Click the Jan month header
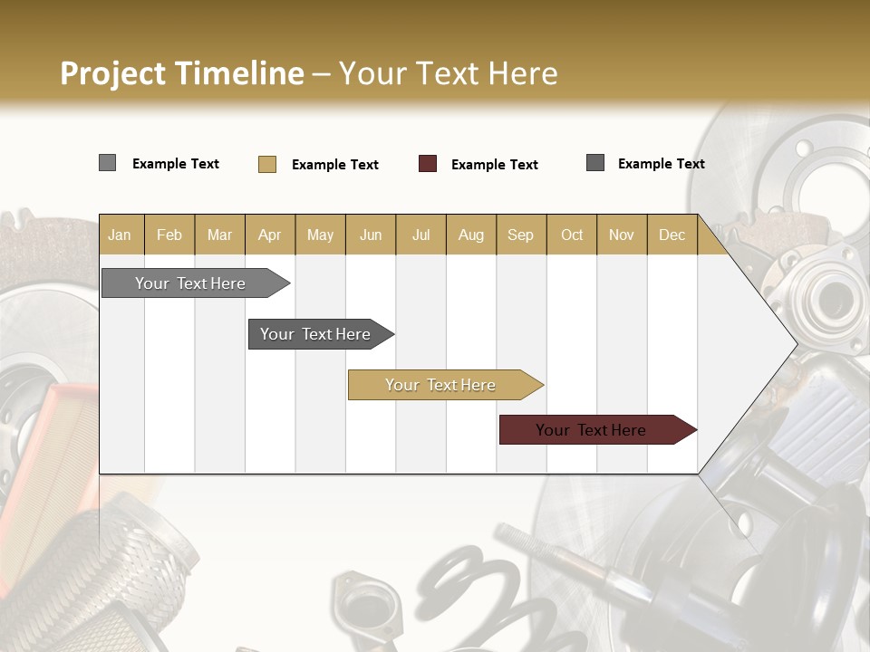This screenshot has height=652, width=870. (x=121, y=235)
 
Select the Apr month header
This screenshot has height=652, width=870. (x=269, y=235)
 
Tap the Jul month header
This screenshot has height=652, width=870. (x=420, y=235)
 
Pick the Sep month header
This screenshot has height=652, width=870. (x=520, y=235)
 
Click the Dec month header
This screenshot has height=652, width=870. (x=672, y=235)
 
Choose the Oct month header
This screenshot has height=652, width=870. (x=572, y=235)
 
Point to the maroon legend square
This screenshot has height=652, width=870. (x=428, y=164)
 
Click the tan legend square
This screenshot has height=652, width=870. (x=267, y=164)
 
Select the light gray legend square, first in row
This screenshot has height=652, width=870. (x=107, y=163)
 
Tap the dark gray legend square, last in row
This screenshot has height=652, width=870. (x=595, y=163)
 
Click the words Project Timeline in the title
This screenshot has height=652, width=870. (x=181, y=73)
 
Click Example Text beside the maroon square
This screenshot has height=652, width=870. (x=494, y=165)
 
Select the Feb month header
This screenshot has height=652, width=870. (x=169, y=235)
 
